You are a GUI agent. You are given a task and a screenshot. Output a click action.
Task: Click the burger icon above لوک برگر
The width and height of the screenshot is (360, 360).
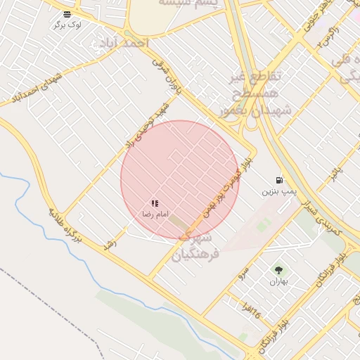click(67, 14)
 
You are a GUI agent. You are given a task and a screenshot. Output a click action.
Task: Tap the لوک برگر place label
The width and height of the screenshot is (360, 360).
click(67, 25)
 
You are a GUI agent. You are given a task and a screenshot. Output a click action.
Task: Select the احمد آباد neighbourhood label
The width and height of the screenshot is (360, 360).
click(124, 43)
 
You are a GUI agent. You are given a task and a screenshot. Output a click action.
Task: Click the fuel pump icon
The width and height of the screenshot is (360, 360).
click(280, 179)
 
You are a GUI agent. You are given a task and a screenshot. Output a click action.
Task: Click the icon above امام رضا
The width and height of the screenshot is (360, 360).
click(155, 203)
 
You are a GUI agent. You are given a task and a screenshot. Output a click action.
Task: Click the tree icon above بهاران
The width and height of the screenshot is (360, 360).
click(278, 269)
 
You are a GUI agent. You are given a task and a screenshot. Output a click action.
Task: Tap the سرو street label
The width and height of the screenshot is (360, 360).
click(243, 271)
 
